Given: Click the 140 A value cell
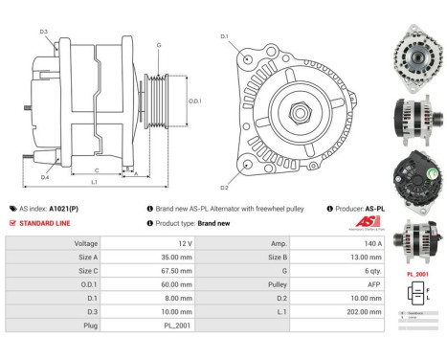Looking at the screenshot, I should (x=332, y=244).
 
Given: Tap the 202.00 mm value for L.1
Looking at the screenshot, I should (x=332, y=311).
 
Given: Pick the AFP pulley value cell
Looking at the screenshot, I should (x=332, y=284).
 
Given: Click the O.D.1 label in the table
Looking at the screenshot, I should (x=85, y=284).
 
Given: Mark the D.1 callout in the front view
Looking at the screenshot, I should (x=225, y=37).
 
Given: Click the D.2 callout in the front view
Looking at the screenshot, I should (x=225, y=188).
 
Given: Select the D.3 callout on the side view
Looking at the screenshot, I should (x=44, y=33).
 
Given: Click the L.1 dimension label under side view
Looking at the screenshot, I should (x=94, y=182).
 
